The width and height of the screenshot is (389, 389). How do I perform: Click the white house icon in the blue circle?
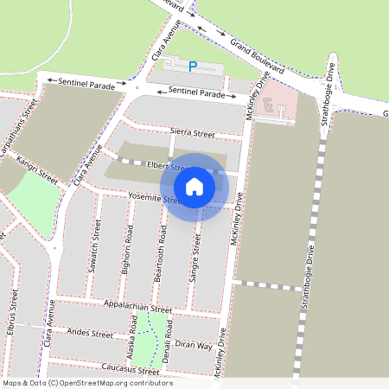tap(194, 186)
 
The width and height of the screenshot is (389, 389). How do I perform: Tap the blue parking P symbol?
tap(193, 66)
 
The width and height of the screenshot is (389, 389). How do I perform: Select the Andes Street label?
tap(90, 333)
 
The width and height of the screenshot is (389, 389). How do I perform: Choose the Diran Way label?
tap(194, 345)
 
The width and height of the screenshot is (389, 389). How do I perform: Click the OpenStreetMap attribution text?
tap(86, 383)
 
